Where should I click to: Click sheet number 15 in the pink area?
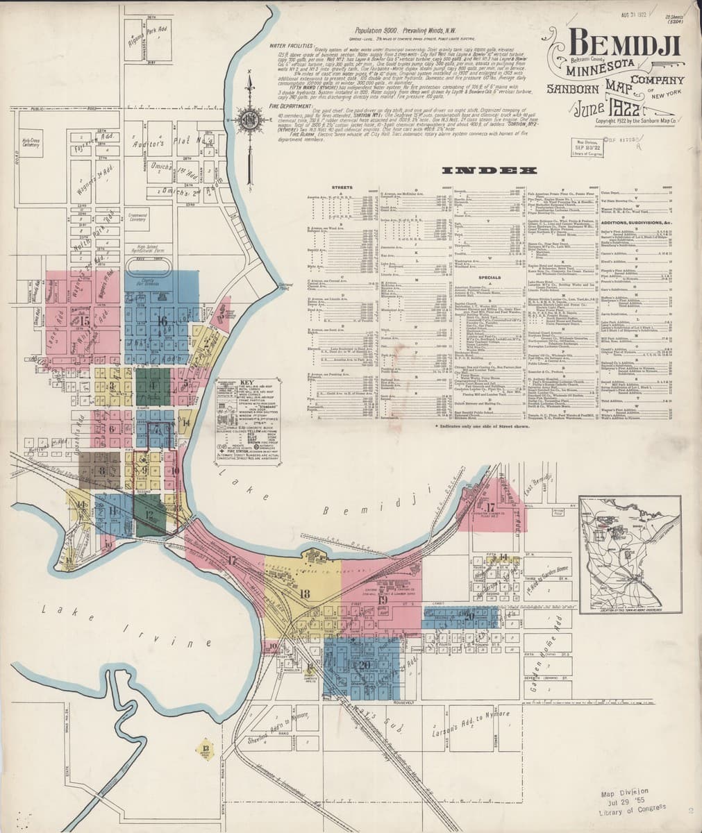[x=85, y=321]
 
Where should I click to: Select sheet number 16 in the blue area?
[x=162, y=321]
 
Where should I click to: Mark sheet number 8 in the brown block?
[x=102, y=471]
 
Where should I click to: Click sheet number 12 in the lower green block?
[x=151, y=514]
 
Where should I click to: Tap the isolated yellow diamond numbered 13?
[x=205, y=748]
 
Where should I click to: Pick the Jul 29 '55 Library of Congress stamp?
[x=630, y=799]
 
